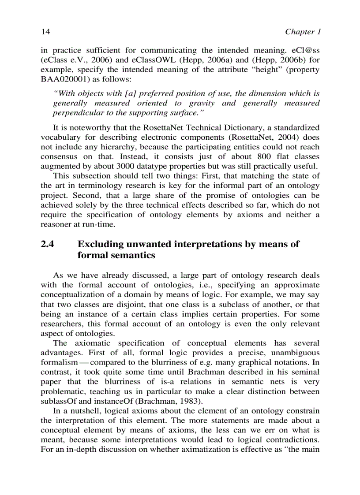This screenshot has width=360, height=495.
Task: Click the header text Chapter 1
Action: (x=302, y=32)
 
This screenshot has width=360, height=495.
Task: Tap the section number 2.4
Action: (x=47, y=245)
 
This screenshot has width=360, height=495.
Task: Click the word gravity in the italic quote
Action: (x=203, y=103)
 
